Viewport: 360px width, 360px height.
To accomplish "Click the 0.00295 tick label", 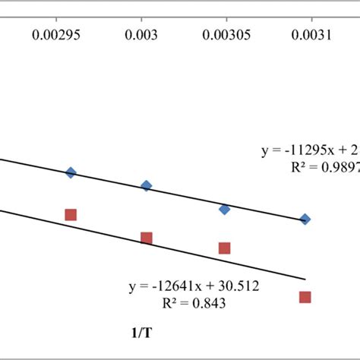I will pyautogui.click(x=70, y=34).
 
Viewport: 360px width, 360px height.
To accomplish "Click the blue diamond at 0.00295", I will pyautogui.click(x=71, y=172).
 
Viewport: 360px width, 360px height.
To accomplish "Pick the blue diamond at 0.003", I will pyautogui.click(x=147, y=185).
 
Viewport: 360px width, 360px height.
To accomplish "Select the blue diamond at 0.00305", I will pyautogui.click(x=225, y=209).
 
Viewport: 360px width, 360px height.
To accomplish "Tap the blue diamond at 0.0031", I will pyautogui.click(x=305, y=219).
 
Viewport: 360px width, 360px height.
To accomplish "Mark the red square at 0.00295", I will pyautogui.click(x=71, y=215).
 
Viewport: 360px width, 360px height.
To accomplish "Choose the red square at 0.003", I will pyautogui.click(x=147, y=238).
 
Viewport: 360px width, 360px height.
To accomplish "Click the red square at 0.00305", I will pyautogui.click(x=225, y=248).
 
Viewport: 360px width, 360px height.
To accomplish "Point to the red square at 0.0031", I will pyautogui.click(x=305, y=297).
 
